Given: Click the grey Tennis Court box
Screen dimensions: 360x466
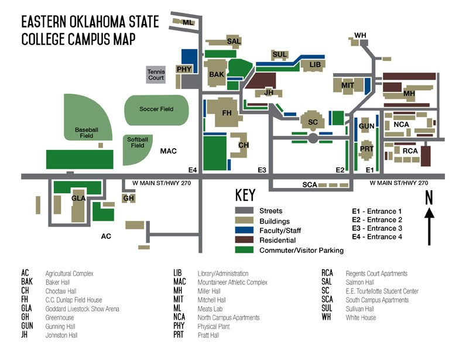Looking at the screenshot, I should click(156, 74).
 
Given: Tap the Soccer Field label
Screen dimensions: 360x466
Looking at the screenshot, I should click(156, 109).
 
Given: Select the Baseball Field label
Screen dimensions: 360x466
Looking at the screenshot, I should click(84, 132).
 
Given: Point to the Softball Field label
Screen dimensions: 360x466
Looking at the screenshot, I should click(138, 142).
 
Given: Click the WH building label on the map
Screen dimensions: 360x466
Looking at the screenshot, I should click(360, 36).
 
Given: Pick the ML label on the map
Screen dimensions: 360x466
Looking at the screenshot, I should click(188, 22).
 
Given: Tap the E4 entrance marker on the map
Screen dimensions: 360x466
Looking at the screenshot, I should click(193, 170).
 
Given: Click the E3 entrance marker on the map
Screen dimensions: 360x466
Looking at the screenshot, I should click(262, 170).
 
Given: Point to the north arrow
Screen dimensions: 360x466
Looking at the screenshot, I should click(430, 228).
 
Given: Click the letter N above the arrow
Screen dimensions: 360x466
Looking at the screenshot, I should click(429, 198).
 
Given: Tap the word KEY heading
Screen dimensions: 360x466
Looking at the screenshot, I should click(245, 196).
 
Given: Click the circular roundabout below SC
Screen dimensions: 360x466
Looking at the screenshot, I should click(313, 139).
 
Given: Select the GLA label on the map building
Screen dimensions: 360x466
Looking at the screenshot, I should click(78, 198).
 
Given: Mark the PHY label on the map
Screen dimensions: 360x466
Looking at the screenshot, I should click(184, 69).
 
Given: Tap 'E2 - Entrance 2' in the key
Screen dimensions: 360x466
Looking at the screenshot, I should click(377, 220).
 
